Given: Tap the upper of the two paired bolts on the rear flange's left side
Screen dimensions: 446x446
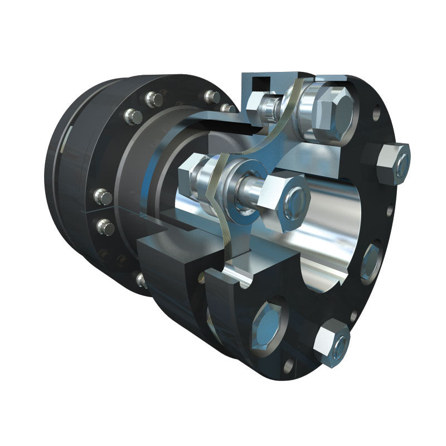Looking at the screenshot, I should tap(102, 196).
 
